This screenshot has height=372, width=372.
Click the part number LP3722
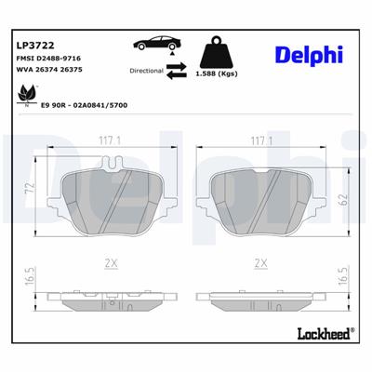35,44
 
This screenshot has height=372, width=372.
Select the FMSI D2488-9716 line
48,58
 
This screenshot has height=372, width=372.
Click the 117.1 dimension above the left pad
111,139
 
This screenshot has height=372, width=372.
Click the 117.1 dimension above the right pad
260,139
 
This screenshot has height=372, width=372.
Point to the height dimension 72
29,192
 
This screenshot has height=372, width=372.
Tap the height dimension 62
343,196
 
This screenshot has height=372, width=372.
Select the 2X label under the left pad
112,264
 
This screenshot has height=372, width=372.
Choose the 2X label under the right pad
260,264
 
